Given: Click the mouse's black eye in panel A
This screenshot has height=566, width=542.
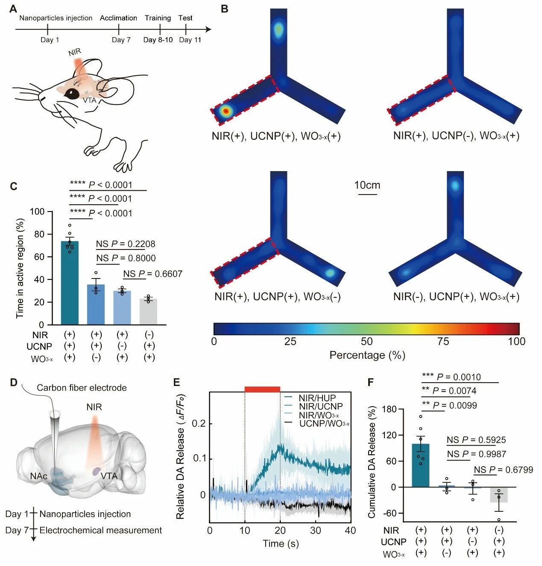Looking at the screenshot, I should (x=72, y=93).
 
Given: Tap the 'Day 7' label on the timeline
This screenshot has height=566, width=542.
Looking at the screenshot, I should (x=121, y=40).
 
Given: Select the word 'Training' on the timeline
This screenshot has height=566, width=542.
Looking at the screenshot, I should (x=158, y=18).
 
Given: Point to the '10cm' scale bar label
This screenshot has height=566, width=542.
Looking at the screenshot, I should (x=367, y=185).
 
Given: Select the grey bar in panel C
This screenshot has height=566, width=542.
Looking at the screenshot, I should (x=148, y=312).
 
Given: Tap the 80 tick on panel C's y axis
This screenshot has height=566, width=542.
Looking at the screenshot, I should (x=39, y=234).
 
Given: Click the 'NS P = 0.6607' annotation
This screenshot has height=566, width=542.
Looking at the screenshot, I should (x=152, y=274).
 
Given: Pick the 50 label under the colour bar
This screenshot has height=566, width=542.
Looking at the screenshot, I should (x=366, y=341).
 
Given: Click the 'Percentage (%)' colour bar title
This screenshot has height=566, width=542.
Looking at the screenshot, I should (x=367, y=355).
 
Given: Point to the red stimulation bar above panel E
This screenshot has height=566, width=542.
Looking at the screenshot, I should (x=262, y=389).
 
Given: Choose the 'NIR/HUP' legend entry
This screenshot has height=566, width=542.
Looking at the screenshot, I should (x=317, y=398).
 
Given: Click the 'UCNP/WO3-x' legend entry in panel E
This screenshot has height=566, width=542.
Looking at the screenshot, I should (x=324, y=424).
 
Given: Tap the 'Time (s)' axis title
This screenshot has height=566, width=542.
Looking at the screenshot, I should (x=281, y=543).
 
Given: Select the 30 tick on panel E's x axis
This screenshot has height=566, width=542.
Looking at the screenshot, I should (x=315, y=530).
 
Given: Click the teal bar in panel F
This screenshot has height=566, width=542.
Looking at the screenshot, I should (x=421, y=465).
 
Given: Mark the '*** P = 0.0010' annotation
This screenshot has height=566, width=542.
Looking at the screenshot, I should (x=451, y=377).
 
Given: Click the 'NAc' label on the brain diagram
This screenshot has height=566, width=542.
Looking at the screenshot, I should (x=38, y=476).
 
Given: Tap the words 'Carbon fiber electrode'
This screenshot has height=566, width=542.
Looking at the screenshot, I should (x=82, y=388).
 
